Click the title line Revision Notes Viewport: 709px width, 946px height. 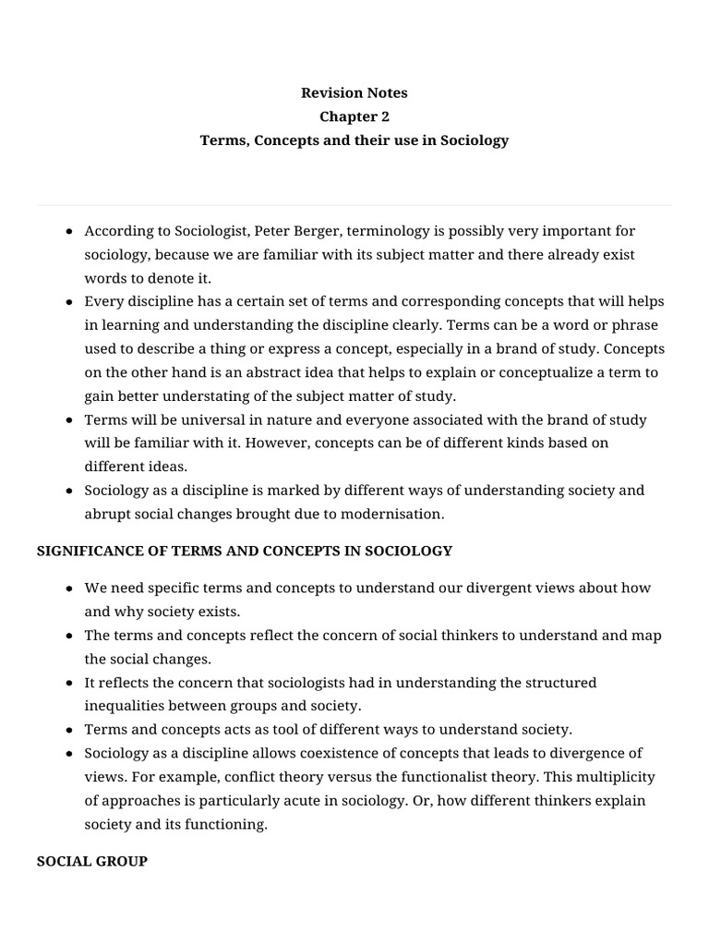(x=354, y=92)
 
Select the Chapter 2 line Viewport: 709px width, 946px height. (x=354, y=116)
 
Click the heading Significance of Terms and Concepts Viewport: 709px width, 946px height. (x=245, y=551)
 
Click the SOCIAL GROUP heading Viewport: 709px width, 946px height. (x=91, y=861)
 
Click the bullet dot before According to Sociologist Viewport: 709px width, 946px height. (x=70, y=231)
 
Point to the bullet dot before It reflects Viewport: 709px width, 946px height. (x=70, y=683)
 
